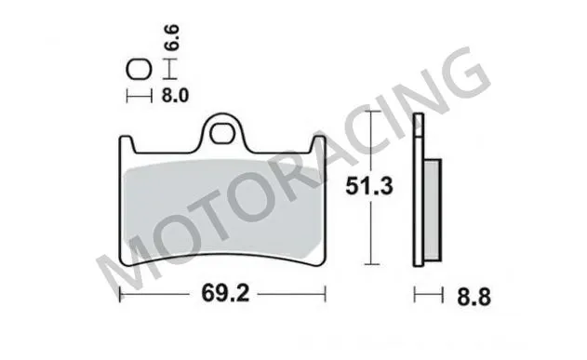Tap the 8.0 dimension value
[x=178, y=95]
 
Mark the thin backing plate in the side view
[x=420, y=195]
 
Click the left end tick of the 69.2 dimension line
[x=122, y=296]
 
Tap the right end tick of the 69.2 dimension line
[x=326, y=296]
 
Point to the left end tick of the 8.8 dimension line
[x=416, y=296]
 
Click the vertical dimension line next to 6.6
[x=167, y=69]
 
